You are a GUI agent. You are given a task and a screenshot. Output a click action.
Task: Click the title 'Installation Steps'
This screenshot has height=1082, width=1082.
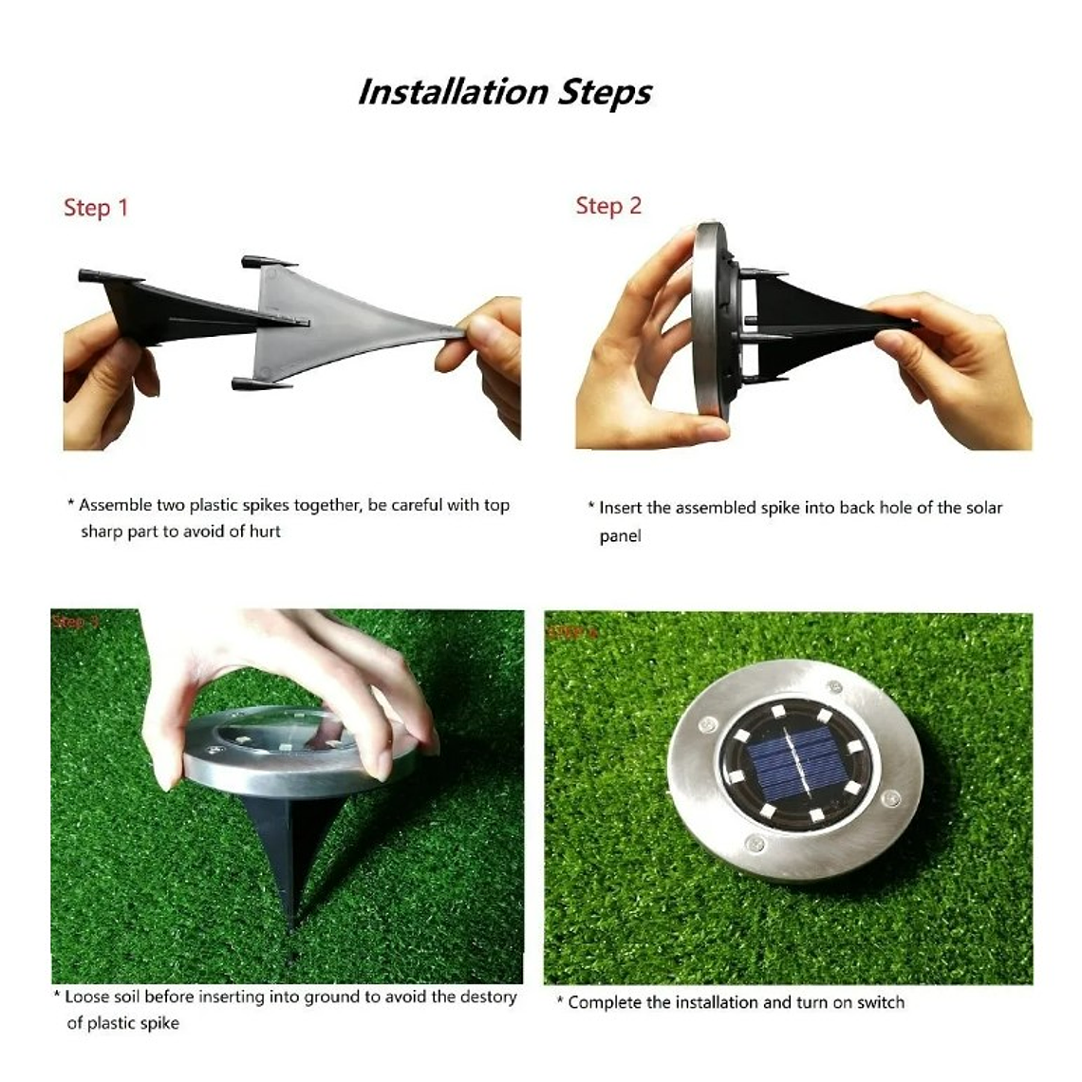coord(504,92)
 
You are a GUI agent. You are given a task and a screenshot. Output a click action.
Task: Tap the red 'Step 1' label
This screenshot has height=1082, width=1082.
coord(95,208)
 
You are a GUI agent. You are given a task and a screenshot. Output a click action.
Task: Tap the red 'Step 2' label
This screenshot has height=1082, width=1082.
coord(608,206)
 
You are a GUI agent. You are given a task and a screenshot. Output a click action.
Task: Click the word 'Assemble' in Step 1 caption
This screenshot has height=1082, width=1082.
coord(112,505)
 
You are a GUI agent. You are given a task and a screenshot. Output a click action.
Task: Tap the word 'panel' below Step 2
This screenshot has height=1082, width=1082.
coord(620,536)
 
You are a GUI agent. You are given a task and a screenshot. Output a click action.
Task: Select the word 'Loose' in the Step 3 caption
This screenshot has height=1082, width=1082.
coord(86,997)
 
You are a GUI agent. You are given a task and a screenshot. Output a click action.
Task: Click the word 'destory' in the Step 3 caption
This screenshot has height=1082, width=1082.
coord(488,997)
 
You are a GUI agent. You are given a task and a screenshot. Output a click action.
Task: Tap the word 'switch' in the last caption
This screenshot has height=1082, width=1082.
coord(879,1002)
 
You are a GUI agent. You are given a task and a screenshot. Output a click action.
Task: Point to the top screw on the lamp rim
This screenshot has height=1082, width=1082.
coord(834,686)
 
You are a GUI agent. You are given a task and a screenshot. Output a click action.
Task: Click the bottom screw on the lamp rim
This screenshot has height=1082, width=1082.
coord(754,842)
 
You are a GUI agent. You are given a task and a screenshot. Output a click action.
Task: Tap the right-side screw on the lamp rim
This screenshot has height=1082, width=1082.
coord(890,799)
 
